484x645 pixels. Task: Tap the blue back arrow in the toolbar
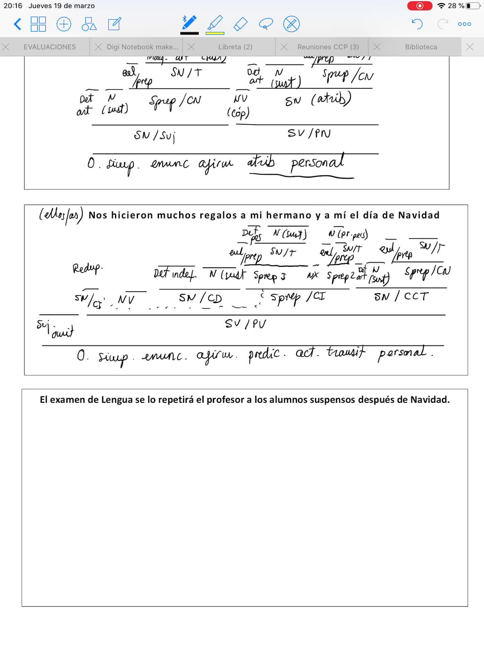point(17,24)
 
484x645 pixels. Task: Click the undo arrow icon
point(417,24)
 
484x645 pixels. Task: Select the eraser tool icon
point(240,24)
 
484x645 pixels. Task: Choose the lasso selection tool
point(266,24)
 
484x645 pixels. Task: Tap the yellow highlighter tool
point(215,24)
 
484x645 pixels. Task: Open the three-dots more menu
point(465,24)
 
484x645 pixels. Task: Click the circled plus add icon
point(64,24)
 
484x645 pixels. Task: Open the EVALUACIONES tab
point(49,47)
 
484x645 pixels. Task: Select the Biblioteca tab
point(421,47)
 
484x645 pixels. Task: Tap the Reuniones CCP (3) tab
point(328,47)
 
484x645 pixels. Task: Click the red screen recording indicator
point(420,6)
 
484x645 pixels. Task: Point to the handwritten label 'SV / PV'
point(246,324)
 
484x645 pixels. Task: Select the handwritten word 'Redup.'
point(87,268)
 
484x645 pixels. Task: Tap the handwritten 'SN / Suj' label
point(155,136)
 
